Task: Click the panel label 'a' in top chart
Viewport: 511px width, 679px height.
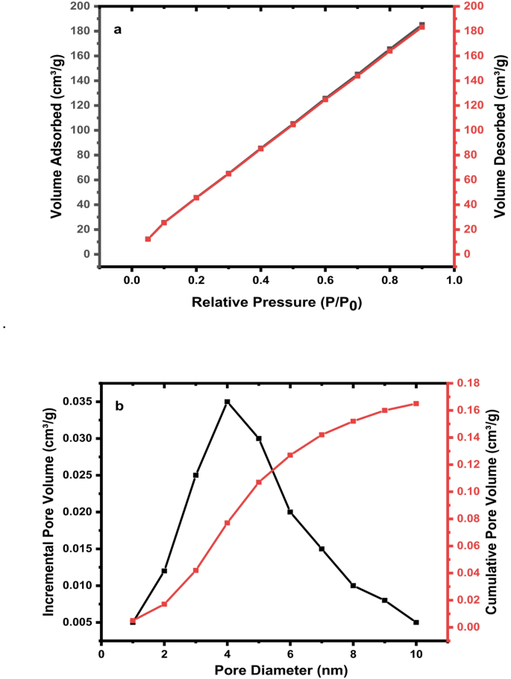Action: pos(117,30)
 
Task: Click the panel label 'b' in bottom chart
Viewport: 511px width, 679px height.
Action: pos(119,406)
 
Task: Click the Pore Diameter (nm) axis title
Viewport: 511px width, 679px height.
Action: pos(276,669)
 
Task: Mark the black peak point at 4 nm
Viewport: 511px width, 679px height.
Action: pos(228,402)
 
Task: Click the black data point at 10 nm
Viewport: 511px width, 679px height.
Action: pos(416,622)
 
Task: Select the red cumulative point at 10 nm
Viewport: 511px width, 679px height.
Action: pos(416,403)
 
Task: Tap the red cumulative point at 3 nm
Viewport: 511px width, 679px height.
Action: pos(195,570)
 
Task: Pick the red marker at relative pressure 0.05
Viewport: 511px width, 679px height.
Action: pos(148,239)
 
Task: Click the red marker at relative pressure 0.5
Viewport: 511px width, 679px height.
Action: pos(293,124)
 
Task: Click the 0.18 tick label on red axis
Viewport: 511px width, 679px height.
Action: pos(468,383)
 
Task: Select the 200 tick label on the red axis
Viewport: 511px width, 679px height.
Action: pos(471,6)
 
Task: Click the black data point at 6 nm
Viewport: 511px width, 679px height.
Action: pos(290,512)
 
